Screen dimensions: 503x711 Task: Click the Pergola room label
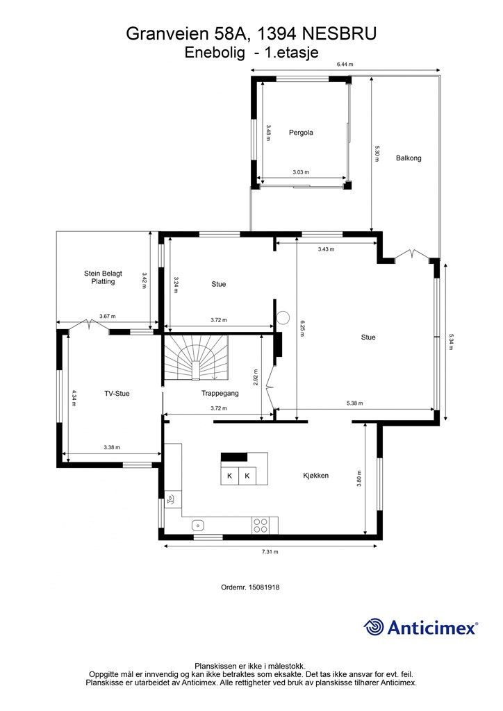301,133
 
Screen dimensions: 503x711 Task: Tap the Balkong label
409,158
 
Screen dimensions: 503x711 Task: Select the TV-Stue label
117,394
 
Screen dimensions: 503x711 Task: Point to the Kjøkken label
315,476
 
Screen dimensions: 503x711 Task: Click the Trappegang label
220,394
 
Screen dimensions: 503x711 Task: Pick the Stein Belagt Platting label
103,278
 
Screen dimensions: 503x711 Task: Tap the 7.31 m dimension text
270,552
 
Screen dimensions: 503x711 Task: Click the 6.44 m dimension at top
345,65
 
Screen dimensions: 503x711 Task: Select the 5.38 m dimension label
355,403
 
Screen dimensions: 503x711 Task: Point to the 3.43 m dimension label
326,249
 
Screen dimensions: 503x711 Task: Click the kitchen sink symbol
198,525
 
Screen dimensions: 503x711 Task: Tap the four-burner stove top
261,526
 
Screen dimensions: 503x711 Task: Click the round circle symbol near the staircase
283,318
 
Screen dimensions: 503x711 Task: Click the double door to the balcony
412,254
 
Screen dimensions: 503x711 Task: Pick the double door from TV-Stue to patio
88,325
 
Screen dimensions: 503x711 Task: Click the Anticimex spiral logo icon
374,627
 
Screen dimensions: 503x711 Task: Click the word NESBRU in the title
339,34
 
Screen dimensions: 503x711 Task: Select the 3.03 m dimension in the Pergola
301,172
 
